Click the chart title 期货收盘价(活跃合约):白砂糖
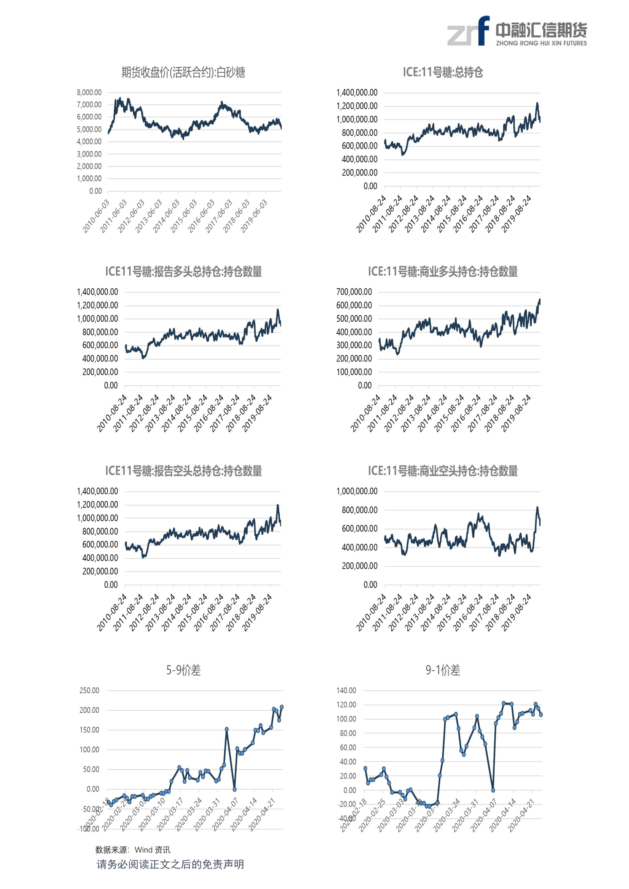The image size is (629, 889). click(x=183, y=72)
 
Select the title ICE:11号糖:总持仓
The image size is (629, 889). click(x=443, y=72)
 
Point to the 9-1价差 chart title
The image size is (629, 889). click(x=443, y=670)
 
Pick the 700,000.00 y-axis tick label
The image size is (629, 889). click(x=354, y=292)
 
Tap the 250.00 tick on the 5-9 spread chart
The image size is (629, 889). click(x=89, y=690)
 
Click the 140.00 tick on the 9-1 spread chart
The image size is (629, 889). click(x=346, y=690)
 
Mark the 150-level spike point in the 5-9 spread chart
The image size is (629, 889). click(x=227, y=729)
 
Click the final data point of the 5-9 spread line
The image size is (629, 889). click(x=282, y=707)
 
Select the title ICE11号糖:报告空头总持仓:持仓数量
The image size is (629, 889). click(x=183, y=471)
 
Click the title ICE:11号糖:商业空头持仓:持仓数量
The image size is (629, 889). click(x=443, y=471)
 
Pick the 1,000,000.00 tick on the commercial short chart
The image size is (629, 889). click(x=356, y=491)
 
